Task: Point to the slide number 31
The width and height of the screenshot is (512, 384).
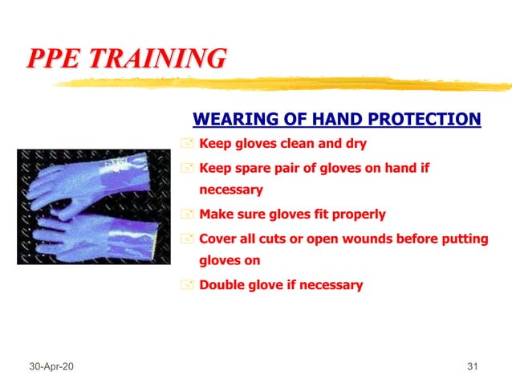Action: point(472,367)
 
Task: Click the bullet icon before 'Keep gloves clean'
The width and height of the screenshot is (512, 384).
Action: point(187,145)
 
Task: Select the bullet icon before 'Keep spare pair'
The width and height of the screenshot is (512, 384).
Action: point(187,169)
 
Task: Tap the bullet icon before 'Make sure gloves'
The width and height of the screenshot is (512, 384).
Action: point(187,214)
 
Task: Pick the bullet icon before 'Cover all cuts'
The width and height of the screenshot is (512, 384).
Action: point(187,239)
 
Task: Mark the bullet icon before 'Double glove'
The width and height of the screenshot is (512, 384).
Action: point(187,285)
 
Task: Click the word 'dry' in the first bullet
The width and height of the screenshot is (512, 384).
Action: point(356,145)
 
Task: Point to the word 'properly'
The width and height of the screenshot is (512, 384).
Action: point(360,214)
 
